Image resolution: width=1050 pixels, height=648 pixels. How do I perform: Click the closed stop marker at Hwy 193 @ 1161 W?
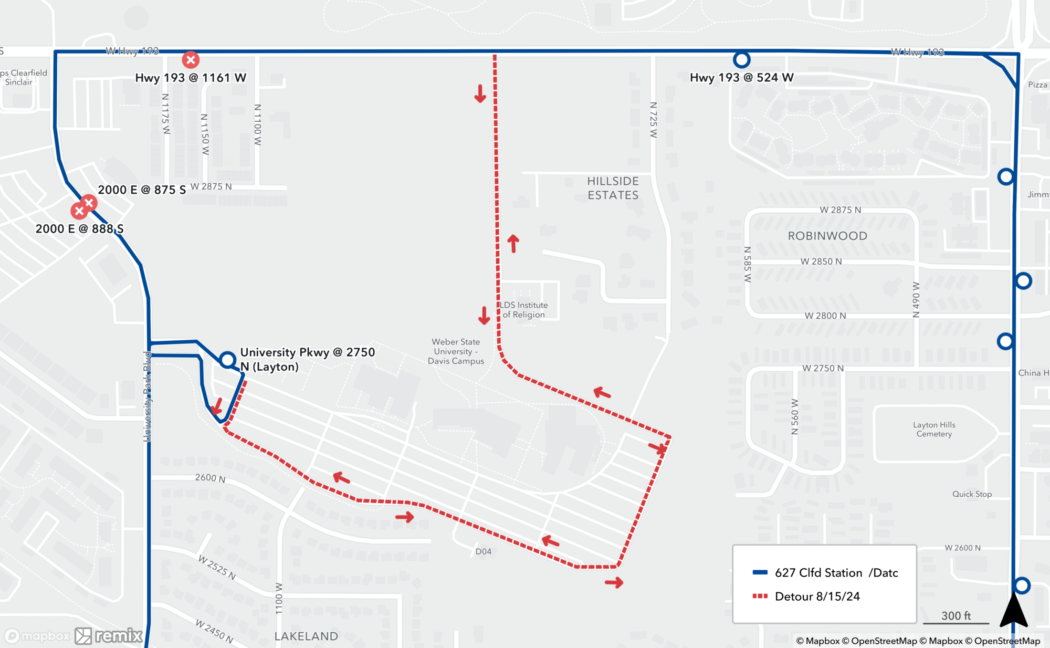191,60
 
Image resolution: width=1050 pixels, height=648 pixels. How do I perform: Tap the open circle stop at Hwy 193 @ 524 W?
741,60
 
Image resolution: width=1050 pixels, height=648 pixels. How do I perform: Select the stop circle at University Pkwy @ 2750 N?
227,360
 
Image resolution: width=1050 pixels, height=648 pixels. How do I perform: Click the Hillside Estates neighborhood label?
613,188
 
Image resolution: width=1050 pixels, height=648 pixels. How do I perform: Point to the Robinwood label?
827,236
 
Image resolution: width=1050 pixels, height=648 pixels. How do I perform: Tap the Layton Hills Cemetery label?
934,429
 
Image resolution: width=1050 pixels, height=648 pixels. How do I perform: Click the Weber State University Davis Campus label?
456,351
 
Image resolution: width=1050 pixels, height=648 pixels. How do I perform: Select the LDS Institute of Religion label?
523,310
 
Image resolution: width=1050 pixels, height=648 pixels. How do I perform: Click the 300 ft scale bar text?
955,615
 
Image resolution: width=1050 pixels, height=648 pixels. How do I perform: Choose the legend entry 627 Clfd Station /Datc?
836,572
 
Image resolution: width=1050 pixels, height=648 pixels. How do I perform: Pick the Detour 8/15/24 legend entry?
817,596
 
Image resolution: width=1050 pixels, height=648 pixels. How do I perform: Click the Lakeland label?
306,636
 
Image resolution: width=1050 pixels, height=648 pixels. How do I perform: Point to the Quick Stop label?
972,494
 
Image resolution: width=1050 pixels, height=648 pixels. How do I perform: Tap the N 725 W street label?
654,120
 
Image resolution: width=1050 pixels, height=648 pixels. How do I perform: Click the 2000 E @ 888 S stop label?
79,228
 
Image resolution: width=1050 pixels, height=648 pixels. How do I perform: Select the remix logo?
109,635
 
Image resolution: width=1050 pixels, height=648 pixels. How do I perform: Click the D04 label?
483,551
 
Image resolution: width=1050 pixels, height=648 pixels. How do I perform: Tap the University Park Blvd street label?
148,396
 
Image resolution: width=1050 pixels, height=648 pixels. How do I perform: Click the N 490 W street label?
916,299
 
